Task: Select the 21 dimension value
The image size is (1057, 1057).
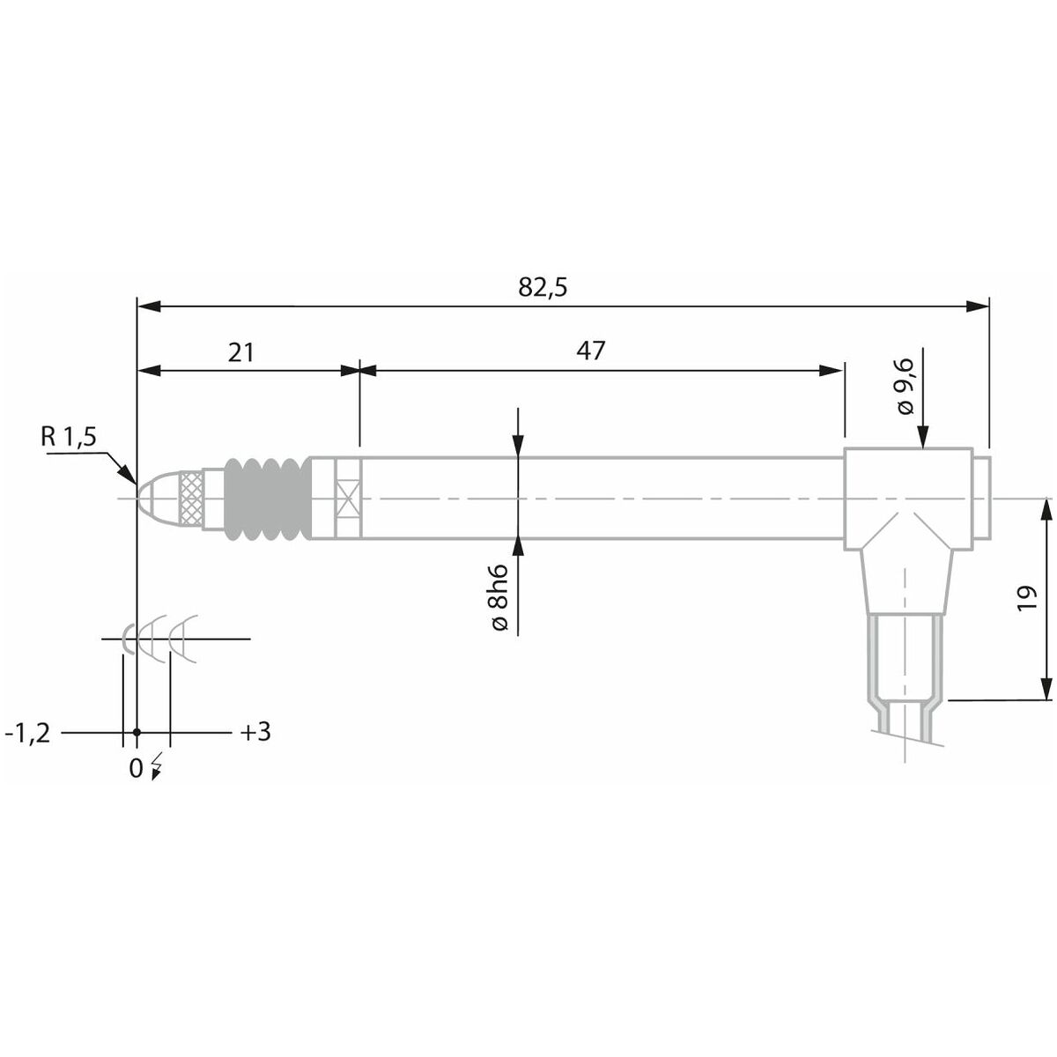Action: [241, 352]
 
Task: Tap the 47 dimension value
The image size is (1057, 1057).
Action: [590, 351]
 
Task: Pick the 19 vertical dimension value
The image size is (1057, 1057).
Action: [1026, 598]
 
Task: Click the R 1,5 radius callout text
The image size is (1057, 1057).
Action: [69, 437]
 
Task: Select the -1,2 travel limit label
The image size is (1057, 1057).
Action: [27, 734]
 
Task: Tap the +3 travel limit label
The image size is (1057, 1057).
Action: [255, 732]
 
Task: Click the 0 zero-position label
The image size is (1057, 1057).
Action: [136, 768]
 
